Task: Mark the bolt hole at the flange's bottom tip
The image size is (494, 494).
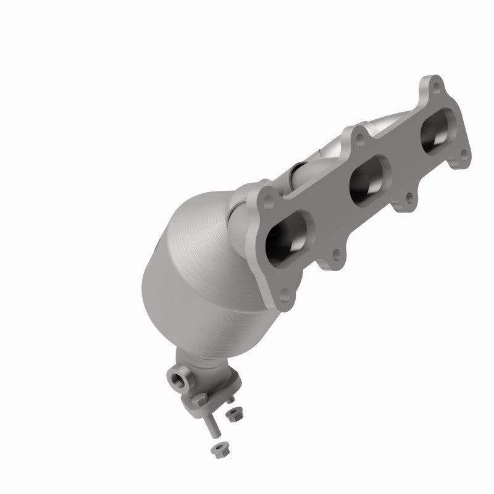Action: point(284,295)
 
